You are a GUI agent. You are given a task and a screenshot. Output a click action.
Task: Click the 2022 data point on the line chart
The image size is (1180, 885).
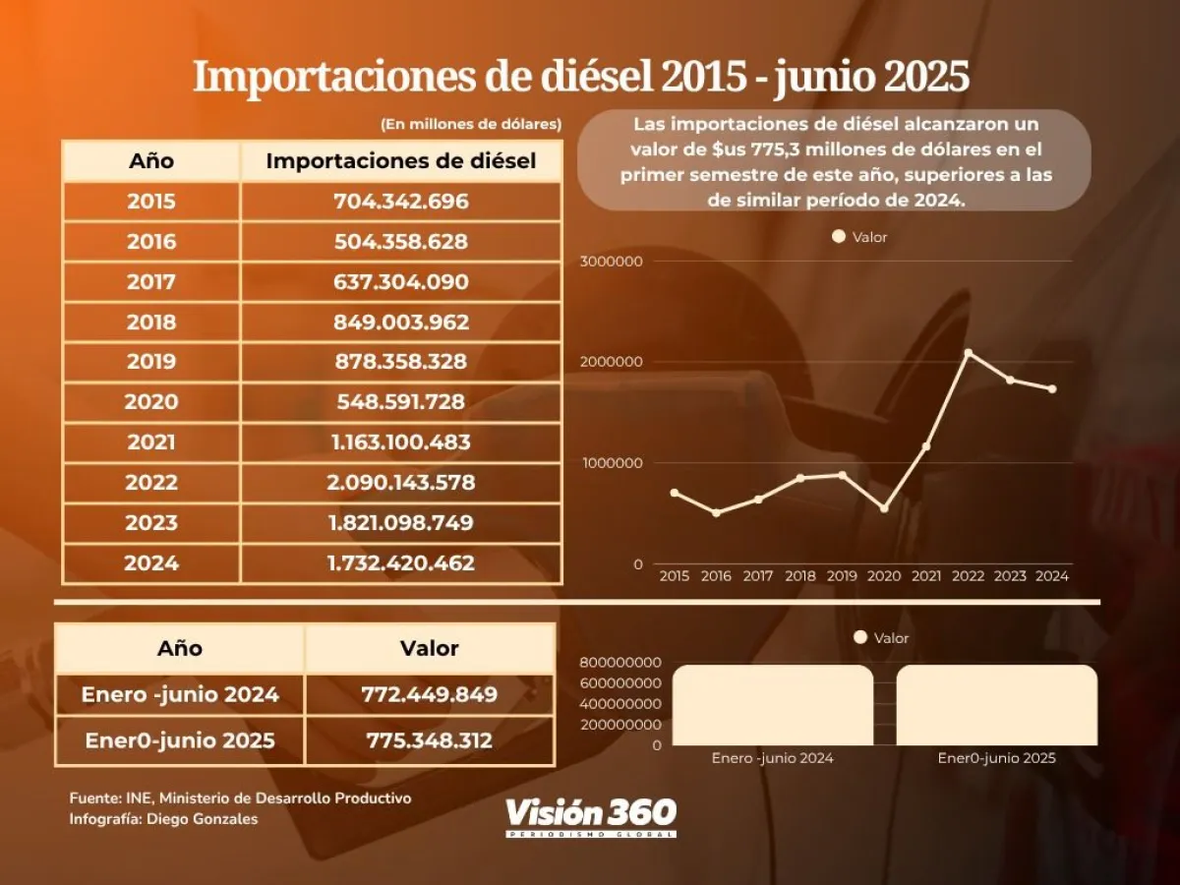(969, 352)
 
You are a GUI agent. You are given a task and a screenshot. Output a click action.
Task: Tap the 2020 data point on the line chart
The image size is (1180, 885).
(884, 508)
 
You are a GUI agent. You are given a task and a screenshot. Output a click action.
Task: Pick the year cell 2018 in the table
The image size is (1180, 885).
(151, 323)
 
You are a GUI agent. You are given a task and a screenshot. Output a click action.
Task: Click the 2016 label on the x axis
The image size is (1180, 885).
(716, 576)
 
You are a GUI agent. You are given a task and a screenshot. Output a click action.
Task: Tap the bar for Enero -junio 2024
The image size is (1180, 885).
(772, 705)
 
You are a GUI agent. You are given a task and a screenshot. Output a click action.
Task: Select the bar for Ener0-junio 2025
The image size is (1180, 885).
(996, 705)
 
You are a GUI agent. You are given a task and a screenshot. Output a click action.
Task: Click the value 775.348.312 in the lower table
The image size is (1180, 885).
(430, 739)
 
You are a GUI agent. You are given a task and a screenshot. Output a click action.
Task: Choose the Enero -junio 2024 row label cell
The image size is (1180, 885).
(180, 694)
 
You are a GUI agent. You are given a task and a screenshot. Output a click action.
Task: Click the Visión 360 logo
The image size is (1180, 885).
(591, 815)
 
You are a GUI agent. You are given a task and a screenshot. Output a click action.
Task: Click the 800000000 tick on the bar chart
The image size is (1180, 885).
(619, 662)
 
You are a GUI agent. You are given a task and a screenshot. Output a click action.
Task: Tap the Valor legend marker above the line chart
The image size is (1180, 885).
(839, 236)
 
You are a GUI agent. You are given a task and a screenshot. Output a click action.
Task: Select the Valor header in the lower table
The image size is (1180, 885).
(430, 648)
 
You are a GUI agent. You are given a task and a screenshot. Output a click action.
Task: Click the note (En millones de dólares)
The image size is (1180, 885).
(470, 124)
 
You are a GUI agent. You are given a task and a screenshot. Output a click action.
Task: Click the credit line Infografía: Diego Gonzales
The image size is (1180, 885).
(163, 819)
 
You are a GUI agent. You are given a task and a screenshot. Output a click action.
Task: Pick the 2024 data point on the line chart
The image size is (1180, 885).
(1052, 388)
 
